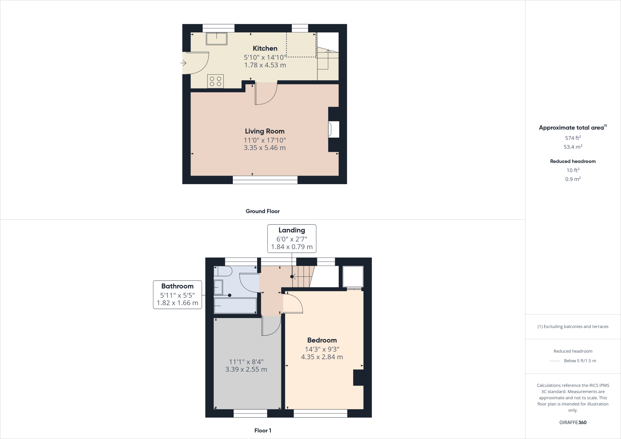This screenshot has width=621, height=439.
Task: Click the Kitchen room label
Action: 265,49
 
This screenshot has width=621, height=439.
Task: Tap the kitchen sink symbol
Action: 217,39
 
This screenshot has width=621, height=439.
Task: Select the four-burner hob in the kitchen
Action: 216,81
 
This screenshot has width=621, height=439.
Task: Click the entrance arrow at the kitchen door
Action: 183,63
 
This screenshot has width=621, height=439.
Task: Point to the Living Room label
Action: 265,131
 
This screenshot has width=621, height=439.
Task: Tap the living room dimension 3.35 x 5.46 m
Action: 265,148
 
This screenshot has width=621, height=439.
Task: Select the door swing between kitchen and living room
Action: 266,94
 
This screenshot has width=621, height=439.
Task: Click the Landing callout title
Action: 292,230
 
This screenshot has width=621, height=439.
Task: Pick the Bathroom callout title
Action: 177,286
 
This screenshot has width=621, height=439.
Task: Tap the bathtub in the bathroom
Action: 235,306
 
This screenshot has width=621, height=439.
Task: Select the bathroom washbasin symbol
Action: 218,287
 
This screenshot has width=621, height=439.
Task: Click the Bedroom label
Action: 322,340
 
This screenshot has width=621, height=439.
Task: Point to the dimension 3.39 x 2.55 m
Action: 246,370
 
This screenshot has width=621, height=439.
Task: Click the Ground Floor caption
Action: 263,211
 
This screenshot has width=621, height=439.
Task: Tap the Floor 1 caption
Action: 263,431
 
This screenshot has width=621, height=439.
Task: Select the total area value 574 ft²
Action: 573,138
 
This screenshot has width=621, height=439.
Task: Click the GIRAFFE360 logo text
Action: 573,422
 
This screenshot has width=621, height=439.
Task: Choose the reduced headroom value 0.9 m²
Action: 573,179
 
